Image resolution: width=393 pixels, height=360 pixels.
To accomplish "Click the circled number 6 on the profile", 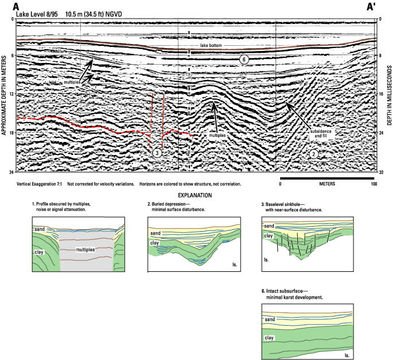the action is point(244,60).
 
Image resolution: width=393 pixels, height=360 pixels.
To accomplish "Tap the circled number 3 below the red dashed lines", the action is point(157,153).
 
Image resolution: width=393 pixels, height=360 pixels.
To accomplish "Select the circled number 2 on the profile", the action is point(313,154).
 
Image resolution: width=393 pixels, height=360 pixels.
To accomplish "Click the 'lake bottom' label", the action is point(211,45).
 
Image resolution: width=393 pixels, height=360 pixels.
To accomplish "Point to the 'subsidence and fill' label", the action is point(321,133).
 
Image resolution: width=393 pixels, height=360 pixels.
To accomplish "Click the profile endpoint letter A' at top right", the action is point(371,7).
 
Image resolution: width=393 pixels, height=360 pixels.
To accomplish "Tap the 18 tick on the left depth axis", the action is point(12,132).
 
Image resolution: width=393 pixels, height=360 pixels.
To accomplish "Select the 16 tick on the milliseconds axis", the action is point(381,94).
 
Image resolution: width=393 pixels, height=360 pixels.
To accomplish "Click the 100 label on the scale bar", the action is point(374,184).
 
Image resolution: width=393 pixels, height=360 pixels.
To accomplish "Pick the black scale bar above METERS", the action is point(327,179).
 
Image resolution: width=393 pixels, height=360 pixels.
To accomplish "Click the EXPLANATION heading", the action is point(195,195).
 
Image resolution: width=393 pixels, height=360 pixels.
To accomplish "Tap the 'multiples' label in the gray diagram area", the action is point(85,250).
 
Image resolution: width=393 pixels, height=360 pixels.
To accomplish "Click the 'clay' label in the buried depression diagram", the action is point(155,243).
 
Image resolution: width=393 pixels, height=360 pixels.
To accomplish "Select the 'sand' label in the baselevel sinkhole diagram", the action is point(269,226).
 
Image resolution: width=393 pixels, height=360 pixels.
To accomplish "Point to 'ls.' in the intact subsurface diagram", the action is point(347,355).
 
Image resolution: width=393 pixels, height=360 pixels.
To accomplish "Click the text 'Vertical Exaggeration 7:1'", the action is point(39,184).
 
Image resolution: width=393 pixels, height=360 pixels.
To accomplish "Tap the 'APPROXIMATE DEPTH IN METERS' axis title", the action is point(4,96).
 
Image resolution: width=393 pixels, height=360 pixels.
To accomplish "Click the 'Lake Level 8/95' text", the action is point(37,14).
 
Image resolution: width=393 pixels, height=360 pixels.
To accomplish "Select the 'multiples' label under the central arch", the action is point(217,135).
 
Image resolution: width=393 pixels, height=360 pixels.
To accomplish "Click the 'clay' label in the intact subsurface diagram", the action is point(269,338).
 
